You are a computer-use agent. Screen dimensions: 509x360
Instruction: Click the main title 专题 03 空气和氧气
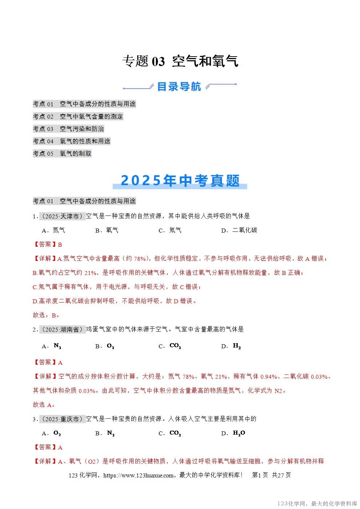tap(180, 61)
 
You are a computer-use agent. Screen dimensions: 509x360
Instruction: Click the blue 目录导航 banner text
tap(179, 87)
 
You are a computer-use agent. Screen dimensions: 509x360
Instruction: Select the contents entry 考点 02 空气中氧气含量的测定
tap(78, 116)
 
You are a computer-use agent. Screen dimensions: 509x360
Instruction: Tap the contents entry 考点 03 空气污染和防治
tap(68, 129)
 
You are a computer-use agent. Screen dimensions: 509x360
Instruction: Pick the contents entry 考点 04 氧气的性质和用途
tap(71, 141)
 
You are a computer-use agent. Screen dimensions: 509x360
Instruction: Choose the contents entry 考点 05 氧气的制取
tap(62, 153)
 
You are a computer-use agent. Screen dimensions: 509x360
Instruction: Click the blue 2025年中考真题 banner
tap(180, 181)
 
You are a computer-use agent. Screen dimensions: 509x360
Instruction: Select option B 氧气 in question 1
tap(107, 230)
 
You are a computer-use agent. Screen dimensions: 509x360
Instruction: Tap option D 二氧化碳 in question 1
tap(240, 230)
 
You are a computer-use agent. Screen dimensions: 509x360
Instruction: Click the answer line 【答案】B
tap(48, 245)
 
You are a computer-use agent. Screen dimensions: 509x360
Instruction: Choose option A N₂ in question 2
tap(52, 346)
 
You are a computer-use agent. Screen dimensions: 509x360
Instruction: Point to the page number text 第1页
tap(260, 475)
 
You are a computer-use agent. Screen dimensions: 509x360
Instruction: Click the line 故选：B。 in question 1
tap(46, 315)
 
